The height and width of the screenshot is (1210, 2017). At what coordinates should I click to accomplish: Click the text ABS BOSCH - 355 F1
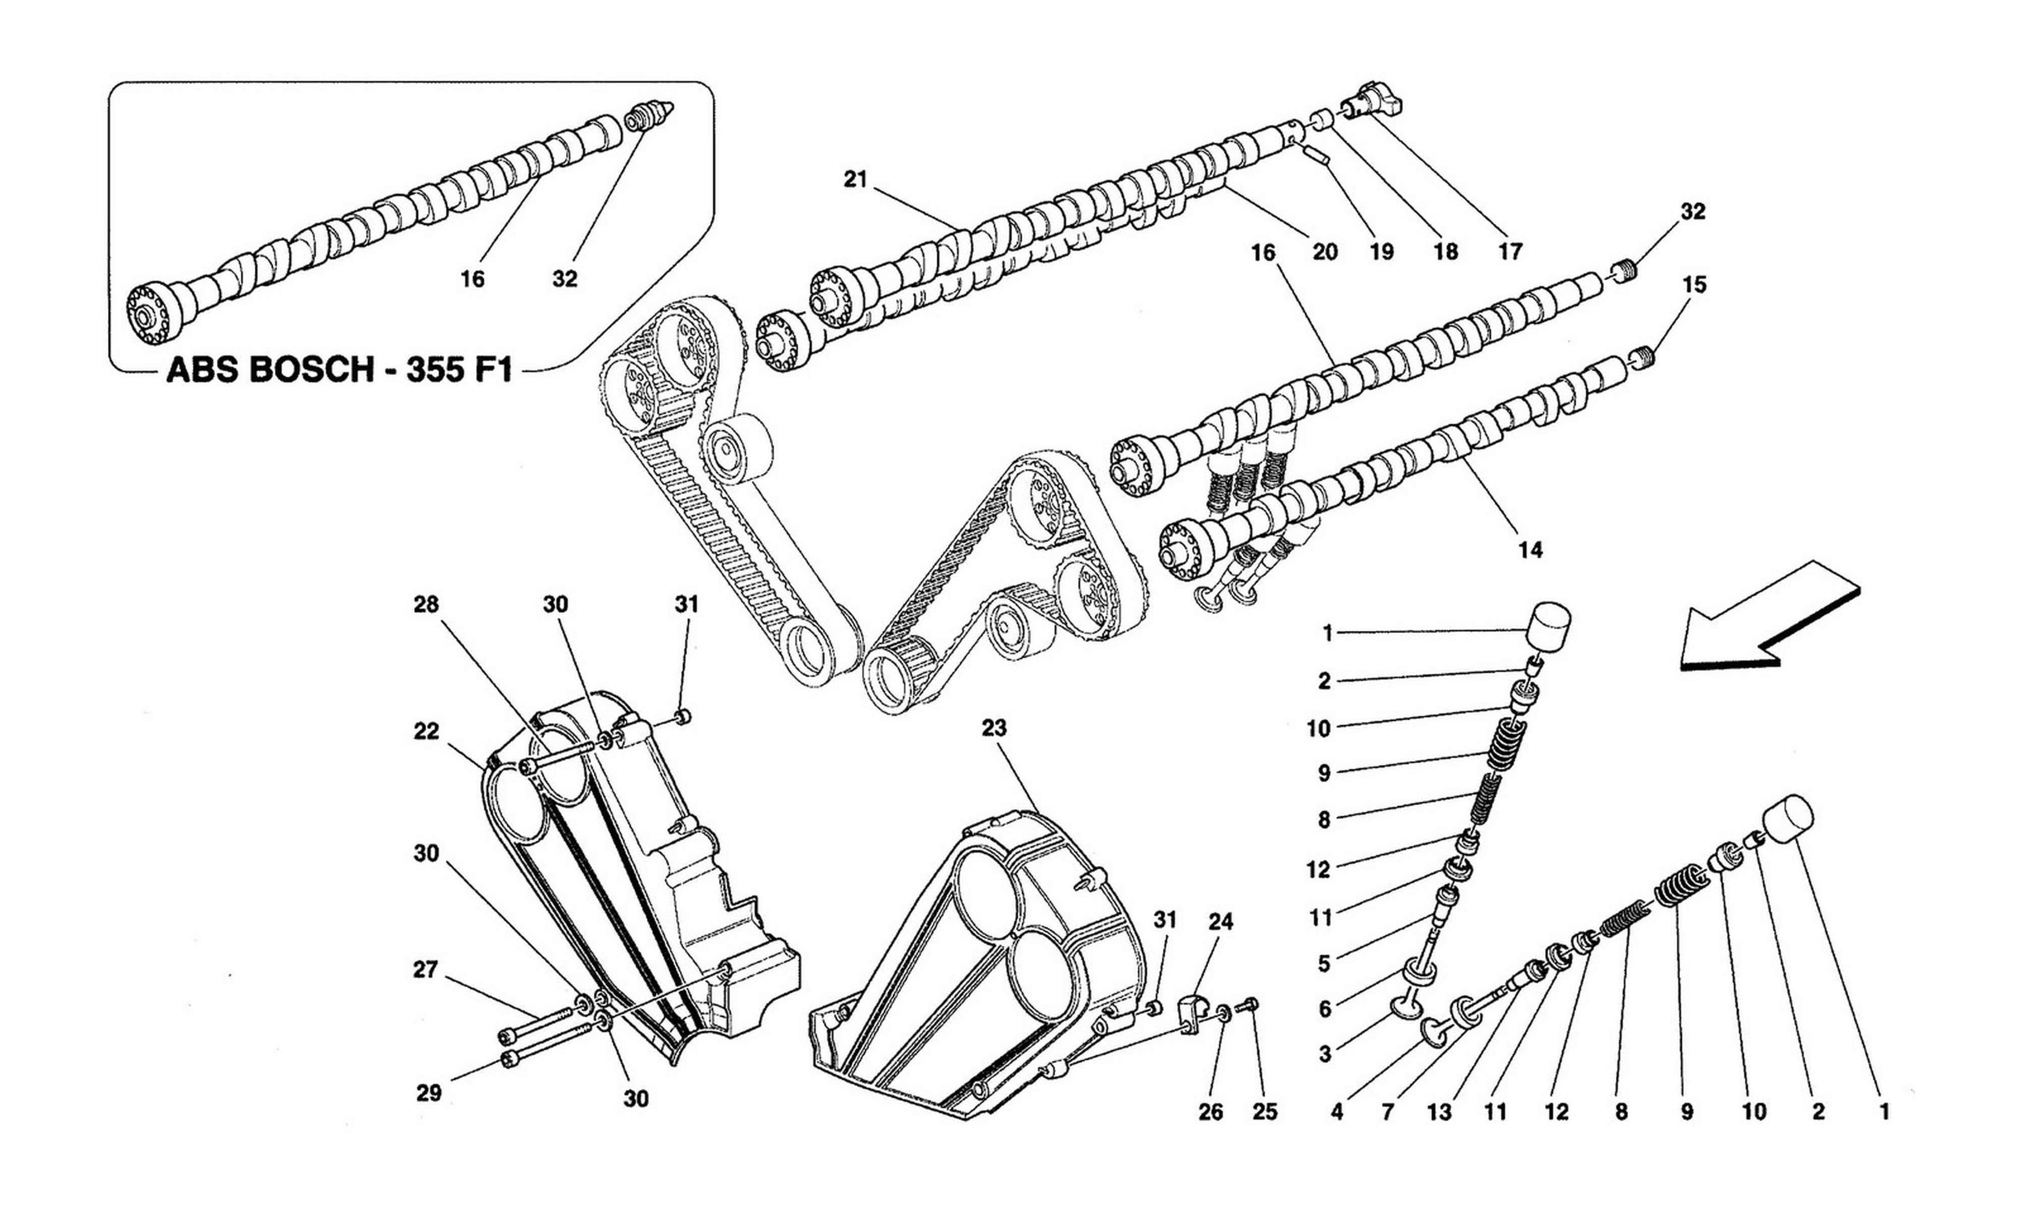[x=339, y=372]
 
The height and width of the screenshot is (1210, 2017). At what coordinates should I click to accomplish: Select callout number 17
[x=1510, y=252]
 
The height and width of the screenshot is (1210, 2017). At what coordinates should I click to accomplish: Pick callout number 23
[x=994, y=728]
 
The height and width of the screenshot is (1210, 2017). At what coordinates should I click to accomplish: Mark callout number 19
[x=1381, y=252]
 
